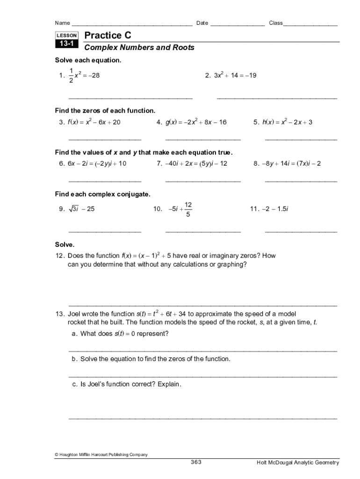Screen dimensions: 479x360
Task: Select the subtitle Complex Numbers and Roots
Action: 139,48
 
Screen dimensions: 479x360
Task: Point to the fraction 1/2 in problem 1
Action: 71,75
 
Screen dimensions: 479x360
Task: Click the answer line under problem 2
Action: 277,98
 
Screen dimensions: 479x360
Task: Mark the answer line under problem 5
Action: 301,139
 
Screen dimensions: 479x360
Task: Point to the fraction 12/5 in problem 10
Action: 188,210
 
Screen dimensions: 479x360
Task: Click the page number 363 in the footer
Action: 196,462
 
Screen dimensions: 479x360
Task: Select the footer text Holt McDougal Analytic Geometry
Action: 298,463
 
